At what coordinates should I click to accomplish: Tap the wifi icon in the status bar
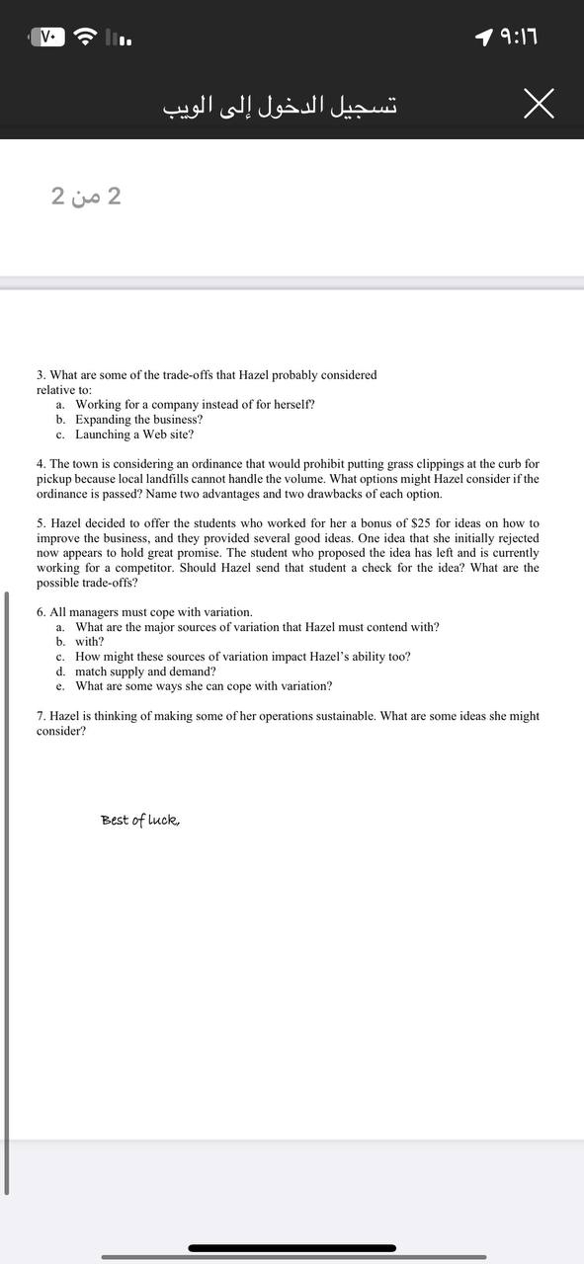[x=88, y=38]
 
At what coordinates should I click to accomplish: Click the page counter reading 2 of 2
[x=86, y=196]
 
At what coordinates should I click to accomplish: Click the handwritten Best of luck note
[x=140, y=820]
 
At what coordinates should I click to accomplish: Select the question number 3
[x=41, y=375]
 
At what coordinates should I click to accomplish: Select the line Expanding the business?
[x=138, y=420]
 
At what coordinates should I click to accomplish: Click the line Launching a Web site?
[x=134, y=434]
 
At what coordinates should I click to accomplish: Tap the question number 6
[x=41, y=612]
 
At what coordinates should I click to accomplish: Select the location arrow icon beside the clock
[x=483, y=38]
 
